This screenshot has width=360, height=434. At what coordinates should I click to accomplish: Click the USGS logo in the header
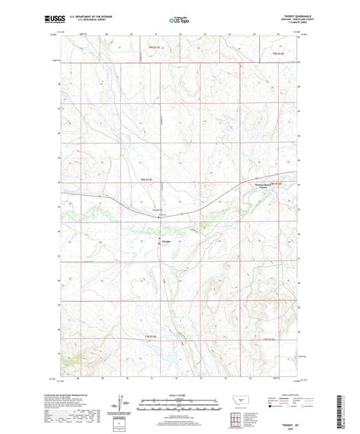coord(55,16)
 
